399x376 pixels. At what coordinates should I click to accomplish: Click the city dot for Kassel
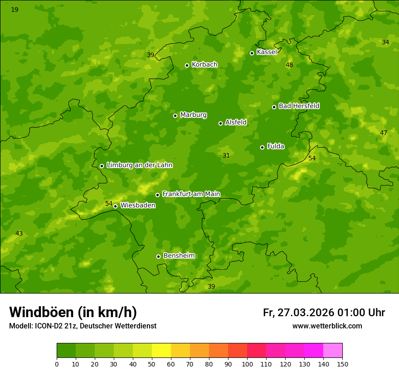(252, 53)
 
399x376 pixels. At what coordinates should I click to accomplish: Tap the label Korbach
(204, 65)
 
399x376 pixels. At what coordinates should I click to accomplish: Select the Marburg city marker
(175, 116)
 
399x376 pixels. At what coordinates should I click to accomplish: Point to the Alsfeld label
(236, 122)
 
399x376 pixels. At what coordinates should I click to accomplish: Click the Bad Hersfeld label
(299, 106)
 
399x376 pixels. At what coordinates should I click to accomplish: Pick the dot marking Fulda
(262, 147)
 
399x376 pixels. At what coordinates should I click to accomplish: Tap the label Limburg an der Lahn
(139, 165)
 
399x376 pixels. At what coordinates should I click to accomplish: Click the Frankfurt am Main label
(191, 194)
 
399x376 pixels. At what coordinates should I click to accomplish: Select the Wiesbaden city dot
(115, 206)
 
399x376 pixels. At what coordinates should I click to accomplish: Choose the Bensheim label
(179, 255)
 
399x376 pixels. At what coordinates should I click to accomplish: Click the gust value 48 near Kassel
(289, 65)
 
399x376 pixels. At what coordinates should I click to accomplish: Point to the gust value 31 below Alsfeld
(226, 155)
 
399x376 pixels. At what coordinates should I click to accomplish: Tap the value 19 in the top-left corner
(15, 10)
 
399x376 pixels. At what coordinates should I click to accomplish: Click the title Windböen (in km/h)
(73, 312)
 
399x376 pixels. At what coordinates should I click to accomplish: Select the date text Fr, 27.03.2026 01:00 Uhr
(324, 313)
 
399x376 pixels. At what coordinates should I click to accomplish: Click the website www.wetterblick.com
(327, 326)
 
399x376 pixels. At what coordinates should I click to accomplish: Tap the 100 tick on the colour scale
(247, 364)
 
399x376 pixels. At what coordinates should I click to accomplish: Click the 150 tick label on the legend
(342, 364)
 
